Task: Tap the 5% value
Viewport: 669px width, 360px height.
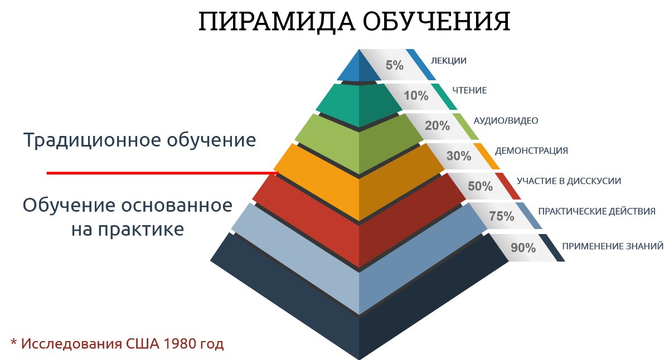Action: click(x=394, y=65)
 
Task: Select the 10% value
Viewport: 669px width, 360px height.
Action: click(x=416, y=95)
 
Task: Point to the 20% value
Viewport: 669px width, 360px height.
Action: click(x=437, y=125)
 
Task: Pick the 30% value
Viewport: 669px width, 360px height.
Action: click(x=459, y=156)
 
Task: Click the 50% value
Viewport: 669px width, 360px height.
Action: click(x=480, y=186)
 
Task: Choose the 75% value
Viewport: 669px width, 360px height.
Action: click(x=501, y=216)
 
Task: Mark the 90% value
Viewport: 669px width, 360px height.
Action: click(x=523, y=247)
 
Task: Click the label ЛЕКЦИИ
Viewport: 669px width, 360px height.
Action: click(x=449, y=60)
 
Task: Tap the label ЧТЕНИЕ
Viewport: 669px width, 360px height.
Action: click(x=469, y=90)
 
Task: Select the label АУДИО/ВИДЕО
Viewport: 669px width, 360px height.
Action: click(x=506, y=120)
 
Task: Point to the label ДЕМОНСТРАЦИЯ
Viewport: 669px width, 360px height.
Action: click(x=531, y=151)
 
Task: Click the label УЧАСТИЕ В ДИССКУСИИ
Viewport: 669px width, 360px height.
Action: click(x=569, y=181)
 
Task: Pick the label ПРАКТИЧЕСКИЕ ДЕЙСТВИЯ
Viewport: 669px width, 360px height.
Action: click(x=597, y=211)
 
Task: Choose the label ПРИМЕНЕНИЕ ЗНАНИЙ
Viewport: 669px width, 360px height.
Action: click(x=613, y=246)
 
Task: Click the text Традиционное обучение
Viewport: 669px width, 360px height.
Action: click(x=139, y=139)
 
